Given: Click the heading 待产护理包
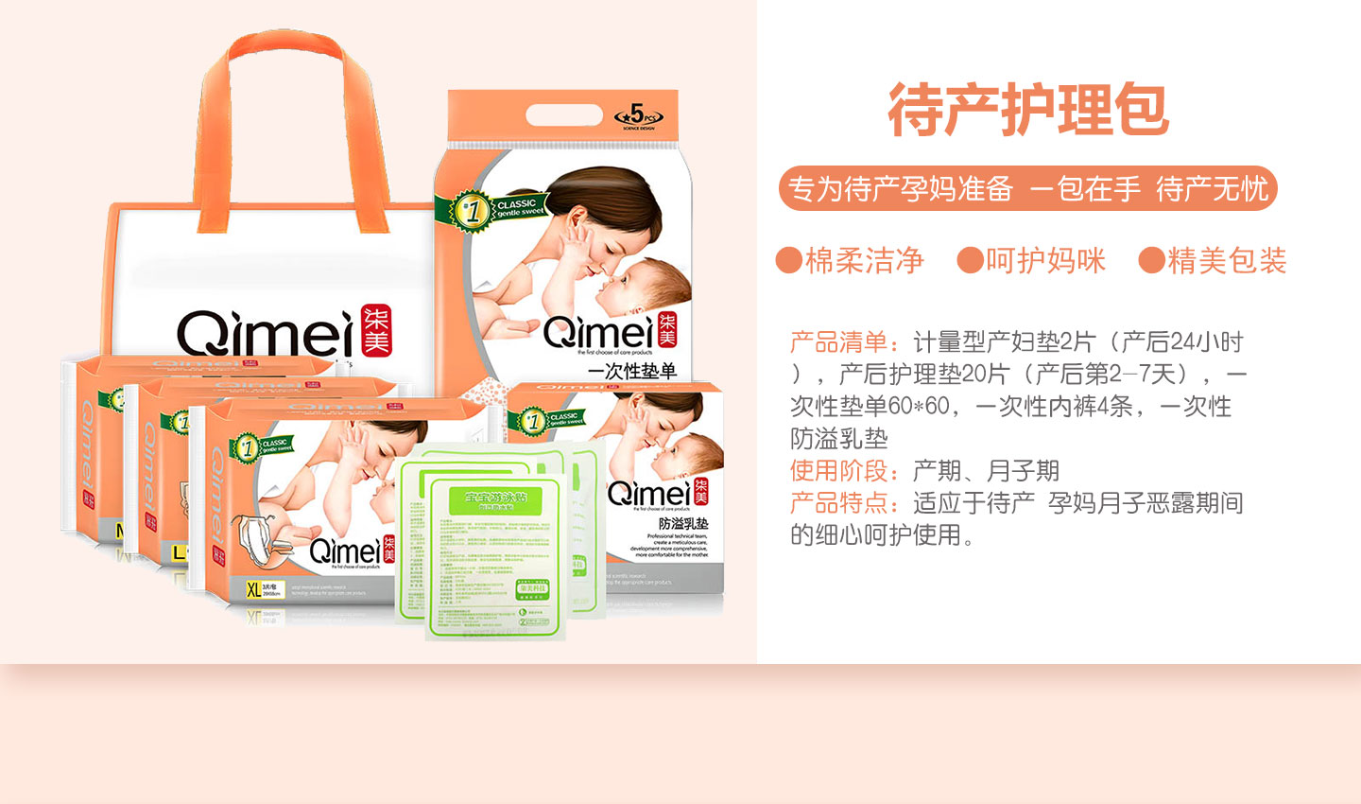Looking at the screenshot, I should [1028, 110].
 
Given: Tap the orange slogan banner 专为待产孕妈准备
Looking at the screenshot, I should [1027, 189].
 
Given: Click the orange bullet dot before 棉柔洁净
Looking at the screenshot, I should [788, 260].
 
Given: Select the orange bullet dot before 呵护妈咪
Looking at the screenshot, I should [970, 260].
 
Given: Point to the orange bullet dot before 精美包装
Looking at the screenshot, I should [1151, 260].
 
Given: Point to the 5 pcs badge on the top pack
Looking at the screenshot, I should [638, 115].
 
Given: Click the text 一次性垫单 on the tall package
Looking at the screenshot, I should [632, 371].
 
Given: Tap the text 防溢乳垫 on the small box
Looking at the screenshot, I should [683, 524].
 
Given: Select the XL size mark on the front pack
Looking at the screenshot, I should [253, 590].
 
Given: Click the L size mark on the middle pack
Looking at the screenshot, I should [178, 551].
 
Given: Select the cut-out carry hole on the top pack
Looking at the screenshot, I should [563, 115].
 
